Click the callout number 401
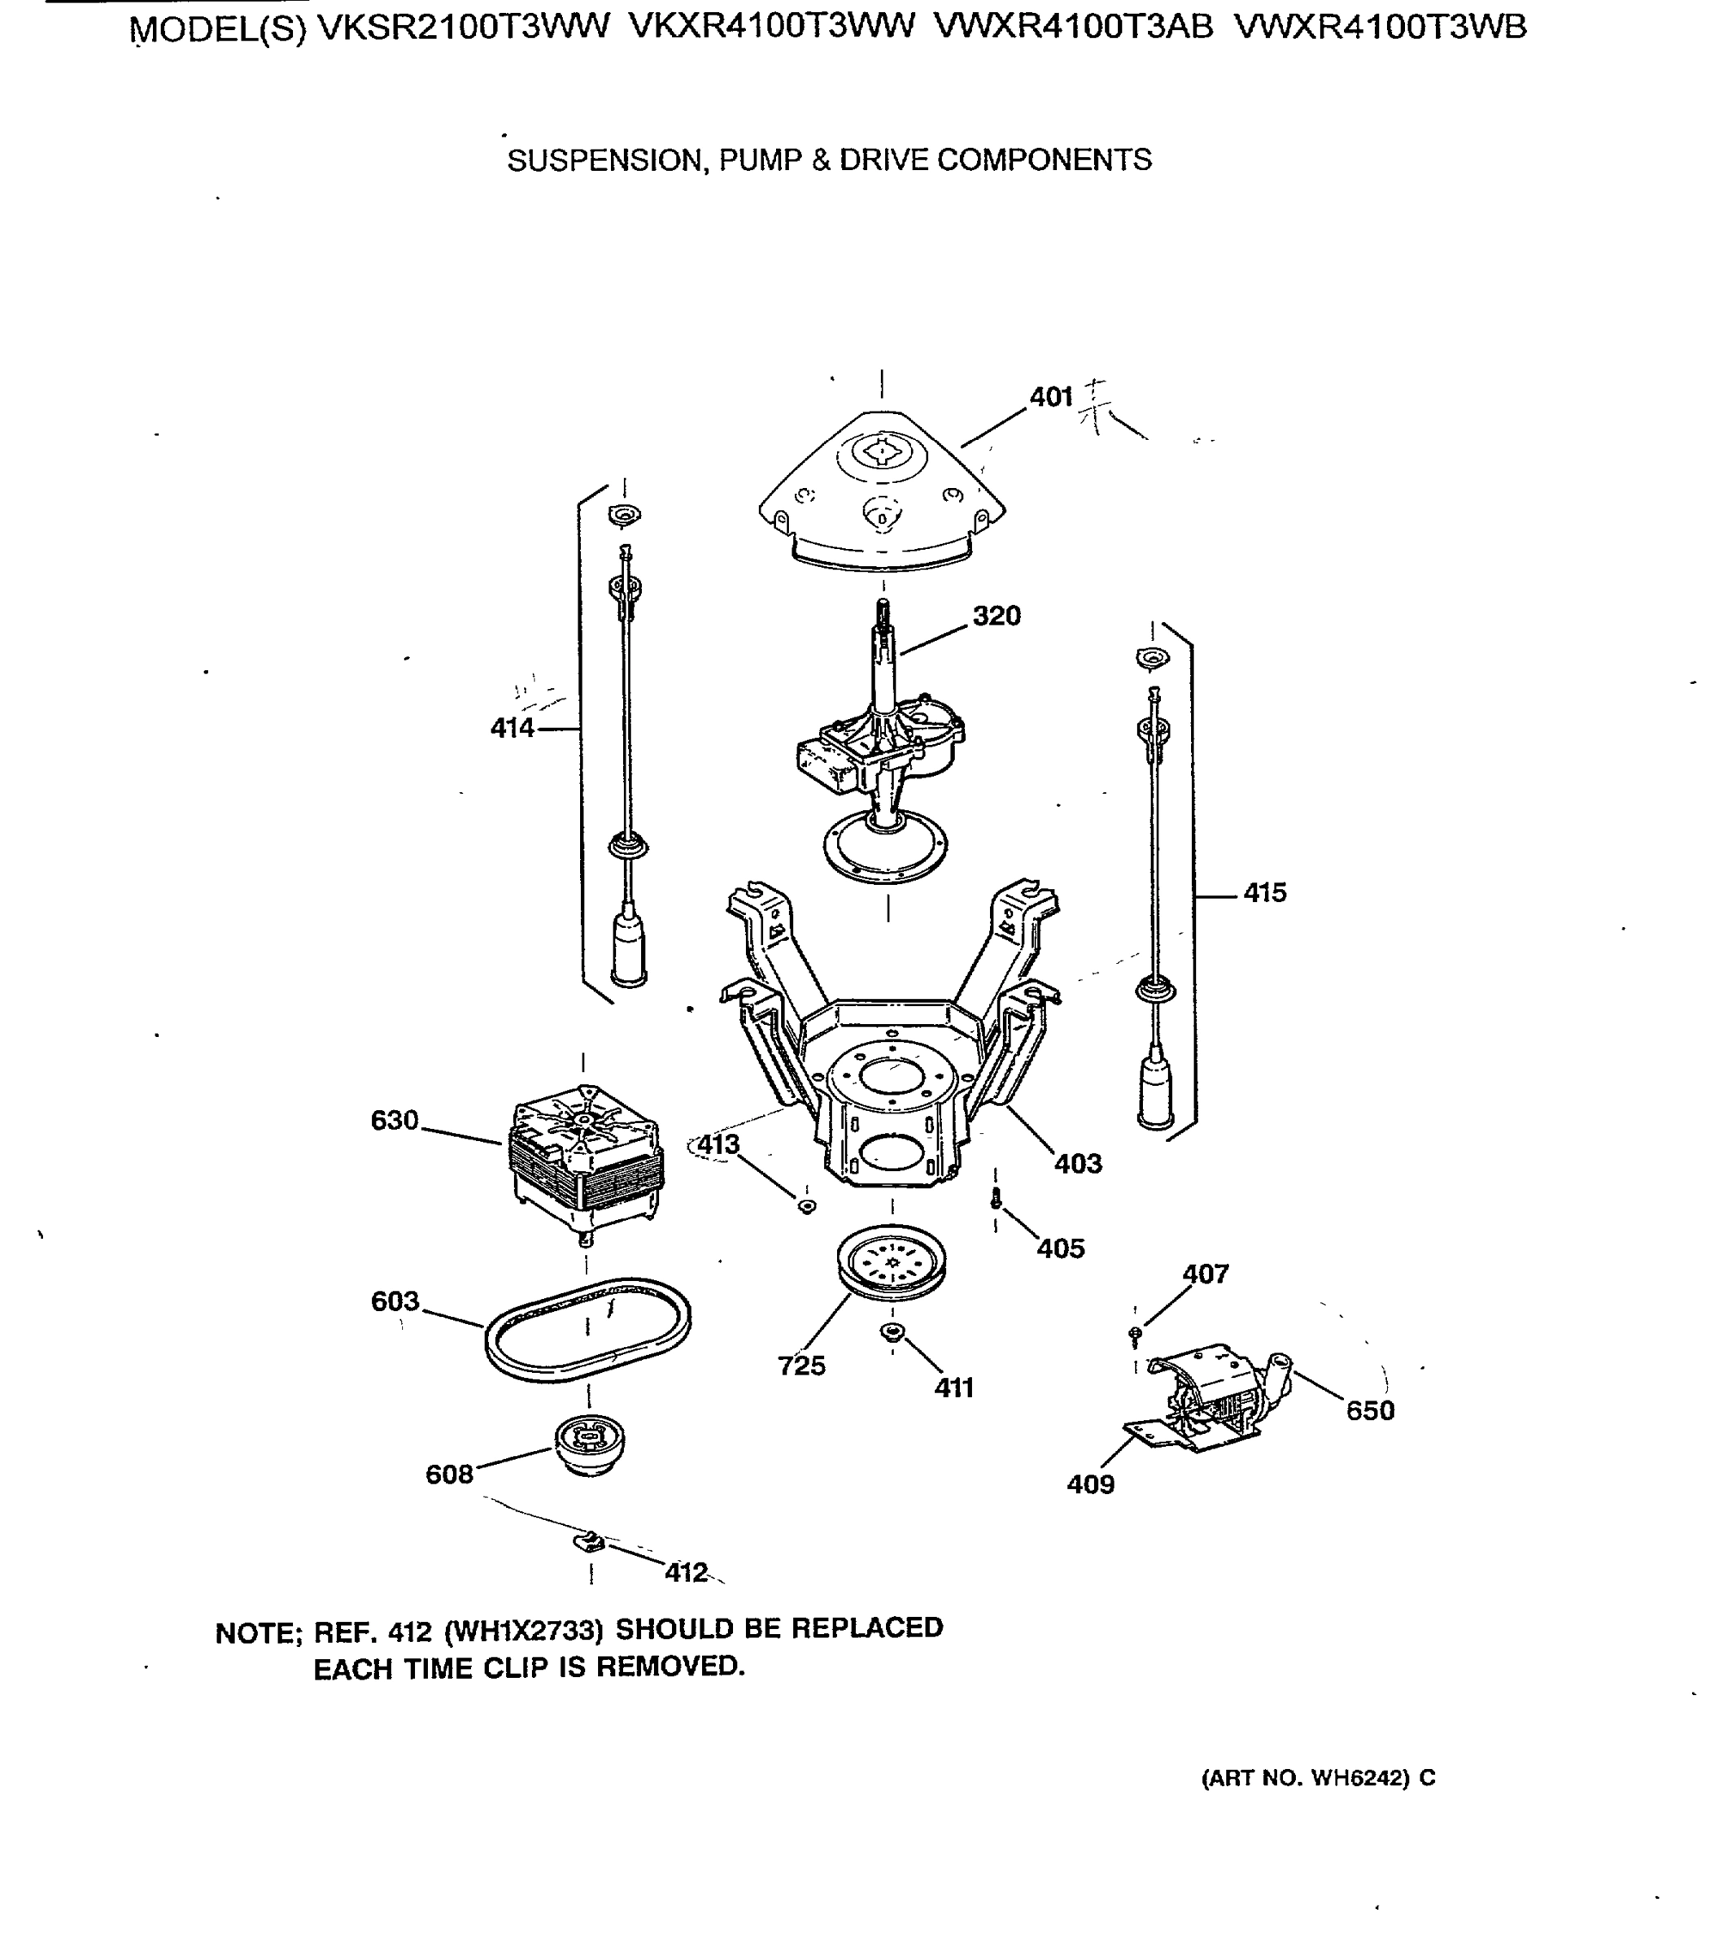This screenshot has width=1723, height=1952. point(1050,396)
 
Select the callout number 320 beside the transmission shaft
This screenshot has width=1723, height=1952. point(997,616)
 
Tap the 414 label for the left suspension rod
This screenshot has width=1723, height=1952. point(512,728)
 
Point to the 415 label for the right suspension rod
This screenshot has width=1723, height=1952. point(1264,893)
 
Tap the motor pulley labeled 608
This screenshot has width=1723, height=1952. point(589,1444)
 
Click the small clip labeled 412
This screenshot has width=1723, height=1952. point(591,1540)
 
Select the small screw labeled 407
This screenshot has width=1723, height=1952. point(1135,1332)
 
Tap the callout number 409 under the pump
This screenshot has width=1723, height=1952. point(1090,1484)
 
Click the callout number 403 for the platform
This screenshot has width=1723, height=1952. point(1077,1163)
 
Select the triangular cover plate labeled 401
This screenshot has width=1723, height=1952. point(880,492)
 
